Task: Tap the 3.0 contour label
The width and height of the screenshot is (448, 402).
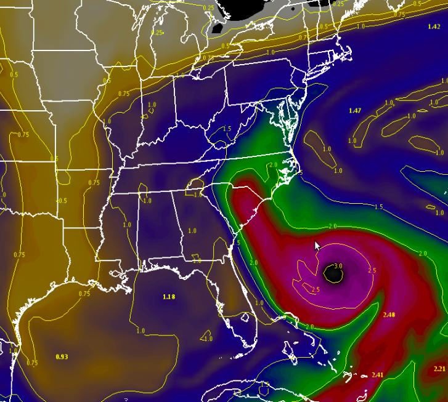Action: (x=338, y=266)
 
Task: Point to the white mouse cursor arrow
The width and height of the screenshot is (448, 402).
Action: (x=317, y=245)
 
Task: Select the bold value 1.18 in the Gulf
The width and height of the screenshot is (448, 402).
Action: (x=169, y=297)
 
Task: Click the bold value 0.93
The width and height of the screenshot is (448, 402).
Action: (x=62, y=356)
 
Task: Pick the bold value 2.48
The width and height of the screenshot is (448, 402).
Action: (x=388, y=315)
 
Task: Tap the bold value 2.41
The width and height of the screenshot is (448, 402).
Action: (x=378, y=375)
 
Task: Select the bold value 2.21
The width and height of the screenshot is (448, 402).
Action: (x=439, y=368)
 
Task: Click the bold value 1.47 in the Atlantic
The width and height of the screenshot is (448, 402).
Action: (x=354, y=110)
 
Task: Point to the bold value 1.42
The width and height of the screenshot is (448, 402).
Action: (x=433, y=27)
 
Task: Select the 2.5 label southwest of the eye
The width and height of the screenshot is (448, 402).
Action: (x=315, y=289)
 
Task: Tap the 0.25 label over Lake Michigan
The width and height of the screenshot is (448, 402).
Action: (x=158, y=33)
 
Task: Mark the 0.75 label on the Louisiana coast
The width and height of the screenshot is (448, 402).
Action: (x=84, y=294)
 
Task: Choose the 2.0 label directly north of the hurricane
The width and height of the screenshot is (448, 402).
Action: (x=332, y=227)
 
